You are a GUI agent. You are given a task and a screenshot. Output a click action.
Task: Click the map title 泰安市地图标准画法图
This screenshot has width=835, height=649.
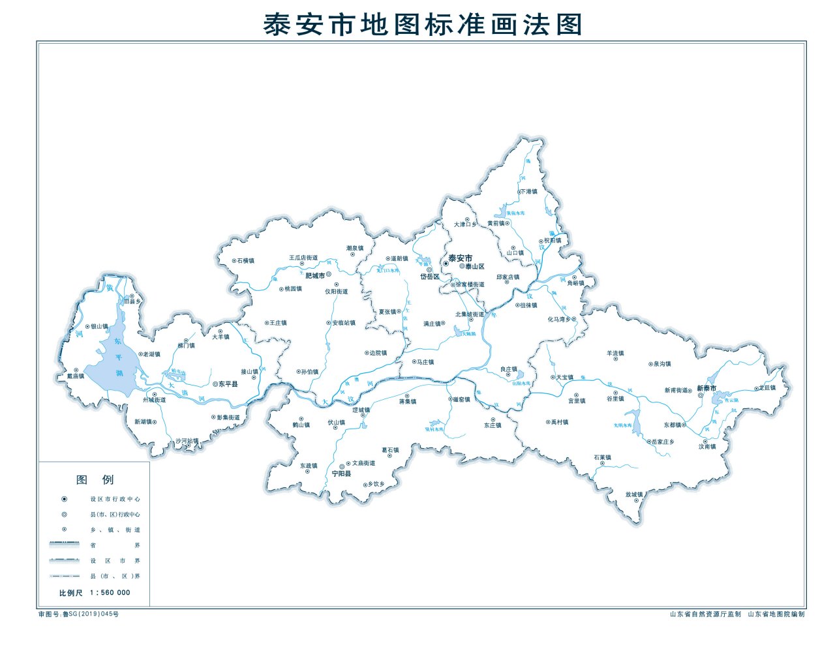pyautogui.click(x=422, y=24)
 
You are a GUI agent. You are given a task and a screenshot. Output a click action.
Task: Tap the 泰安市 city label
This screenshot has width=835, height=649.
pyautogui.click(x=460, y=258)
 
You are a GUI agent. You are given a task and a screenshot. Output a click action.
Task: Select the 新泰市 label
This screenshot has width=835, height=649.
pyautogui.click(x=706, y=388)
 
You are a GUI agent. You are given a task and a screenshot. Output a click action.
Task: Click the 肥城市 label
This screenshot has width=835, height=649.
pyautogui.click(x=315, y=276)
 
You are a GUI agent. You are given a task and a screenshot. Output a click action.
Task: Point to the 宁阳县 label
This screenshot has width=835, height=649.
pyautogui.click(x=341, y=474)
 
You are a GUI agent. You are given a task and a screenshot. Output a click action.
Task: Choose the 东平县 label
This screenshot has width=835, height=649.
pyautogui.click(x=228, y=384)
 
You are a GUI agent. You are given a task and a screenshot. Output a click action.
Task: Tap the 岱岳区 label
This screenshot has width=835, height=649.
pyautogui.click(x=430, y=277)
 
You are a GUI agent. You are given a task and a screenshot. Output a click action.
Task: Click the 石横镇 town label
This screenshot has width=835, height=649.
pyautogui.click(x=246, y=261)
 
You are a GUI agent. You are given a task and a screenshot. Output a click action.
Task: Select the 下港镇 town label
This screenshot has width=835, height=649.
pyautogui.click(x=528, y=192)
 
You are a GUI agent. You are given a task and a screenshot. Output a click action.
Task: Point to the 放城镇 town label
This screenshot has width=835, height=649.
pyautogui.click(x=634, y=494)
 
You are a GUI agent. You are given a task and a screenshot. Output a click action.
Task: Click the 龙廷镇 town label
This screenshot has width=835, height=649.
pyautogui.click(x=767, y=387)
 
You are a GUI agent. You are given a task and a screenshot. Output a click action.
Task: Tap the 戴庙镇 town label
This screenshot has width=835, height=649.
pyautogui.click(x=76, y=376)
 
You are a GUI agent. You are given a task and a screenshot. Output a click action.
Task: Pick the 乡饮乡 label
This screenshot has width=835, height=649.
pyautogui.click(x=376, y=484)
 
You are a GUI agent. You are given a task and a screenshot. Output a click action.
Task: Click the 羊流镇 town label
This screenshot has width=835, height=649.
pyautogui.click(x=615, y=354)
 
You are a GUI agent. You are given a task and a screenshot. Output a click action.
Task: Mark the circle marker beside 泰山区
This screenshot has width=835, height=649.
pyautogui.click(x=462, y=267)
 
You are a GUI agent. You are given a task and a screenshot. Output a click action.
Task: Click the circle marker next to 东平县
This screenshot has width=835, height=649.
pyautogui.click(x=215, y=384)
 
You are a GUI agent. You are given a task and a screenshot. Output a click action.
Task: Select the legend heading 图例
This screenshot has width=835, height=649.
pyautogui.click(x=95, y=480)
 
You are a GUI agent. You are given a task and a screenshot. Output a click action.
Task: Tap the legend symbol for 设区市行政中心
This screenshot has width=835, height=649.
pyautogui.click(x=64, y=499)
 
